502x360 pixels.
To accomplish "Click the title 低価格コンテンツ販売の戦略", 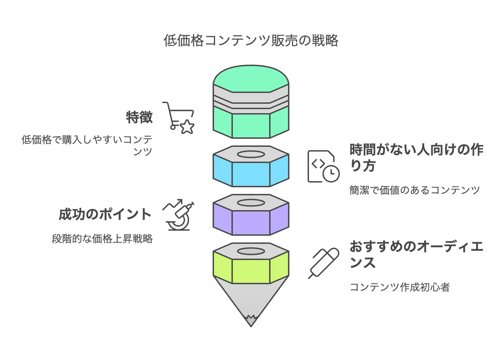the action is pos(251,41).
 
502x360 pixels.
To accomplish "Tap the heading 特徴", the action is pos(139,117).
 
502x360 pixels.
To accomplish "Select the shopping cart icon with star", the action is pos(178,118).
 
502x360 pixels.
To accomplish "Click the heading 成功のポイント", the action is pos(105,214).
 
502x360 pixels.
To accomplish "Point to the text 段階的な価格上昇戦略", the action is pos(102,239).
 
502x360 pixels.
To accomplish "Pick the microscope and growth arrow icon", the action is pos(178,215).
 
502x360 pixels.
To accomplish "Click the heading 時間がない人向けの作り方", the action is pos(416,158).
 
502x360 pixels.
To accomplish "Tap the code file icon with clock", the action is pos(323,166).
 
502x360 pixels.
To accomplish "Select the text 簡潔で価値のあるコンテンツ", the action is pos(415,190).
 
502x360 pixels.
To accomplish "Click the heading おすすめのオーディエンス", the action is pos(416,255).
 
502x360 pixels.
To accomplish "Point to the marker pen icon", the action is pos(323,263).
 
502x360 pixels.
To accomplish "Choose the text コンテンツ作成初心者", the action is pos(400,287).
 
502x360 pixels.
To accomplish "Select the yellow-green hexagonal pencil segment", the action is pos(251,268).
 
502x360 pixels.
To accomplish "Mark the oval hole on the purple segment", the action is pos(251,203).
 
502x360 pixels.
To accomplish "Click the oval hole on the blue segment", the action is pos(251,154).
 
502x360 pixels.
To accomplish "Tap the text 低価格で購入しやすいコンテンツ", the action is pos(87,145).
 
